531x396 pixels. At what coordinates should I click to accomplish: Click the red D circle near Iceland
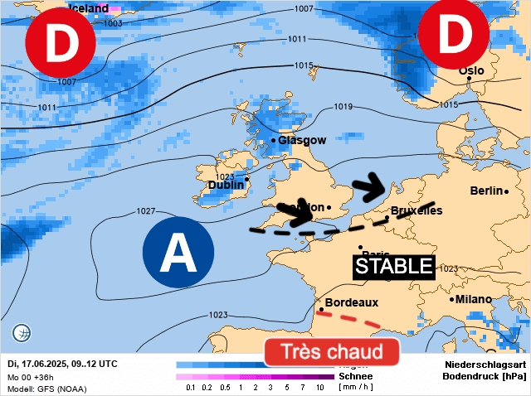60,45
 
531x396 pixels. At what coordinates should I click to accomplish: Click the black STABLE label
395,266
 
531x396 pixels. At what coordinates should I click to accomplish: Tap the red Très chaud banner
332,351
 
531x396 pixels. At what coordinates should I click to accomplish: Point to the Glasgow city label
302,140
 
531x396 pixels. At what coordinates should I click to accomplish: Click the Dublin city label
226,186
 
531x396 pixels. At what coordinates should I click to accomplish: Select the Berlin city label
487,191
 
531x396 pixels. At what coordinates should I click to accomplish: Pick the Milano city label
472,299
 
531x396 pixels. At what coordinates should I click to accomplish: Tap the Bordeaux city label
352,303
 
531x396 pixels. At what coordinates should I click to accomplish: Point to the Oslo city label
471,71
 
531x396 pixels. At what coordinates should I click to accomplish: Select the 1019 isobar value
343,107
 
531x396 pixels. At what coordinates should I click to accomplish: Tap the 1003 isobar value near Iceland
114,24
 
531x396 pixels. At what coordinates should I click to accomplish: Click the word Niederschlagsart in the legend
485,365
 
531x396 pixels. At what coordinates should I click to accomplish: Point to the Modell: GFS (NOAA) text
46,389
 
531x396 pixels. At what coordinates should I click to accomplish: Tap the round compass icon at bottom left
22,334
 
